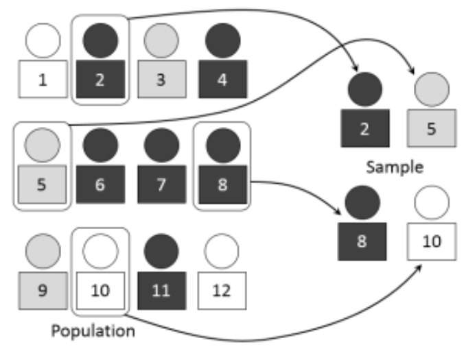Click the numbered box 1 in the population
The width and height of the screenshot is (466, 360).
(x=43, y=79)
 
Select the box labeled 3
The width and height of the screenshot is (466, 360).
(x=160, y=79)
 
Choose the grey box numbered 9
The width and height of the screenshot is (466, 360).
(x=40, y=289)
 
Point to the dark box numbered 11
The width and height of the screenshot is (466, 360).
(x=160, y=289)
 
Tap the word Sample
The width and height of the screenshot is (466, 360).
(x=394, y=167)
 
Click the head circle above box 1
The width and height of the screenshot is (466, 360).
(x=43, y=40)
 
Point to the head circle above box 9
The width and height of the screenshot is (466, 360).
(x=40, y=251)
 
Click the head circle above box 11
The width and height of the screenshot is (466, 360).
(x=160, y=251)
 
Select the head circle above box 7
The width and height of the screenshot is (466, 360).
(x=160, y=145)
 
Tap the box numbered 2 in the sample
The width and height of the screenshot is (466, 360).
(x=364, y=128)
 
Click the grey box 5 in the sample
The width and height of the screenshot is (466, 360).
(x=432, y=127)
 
